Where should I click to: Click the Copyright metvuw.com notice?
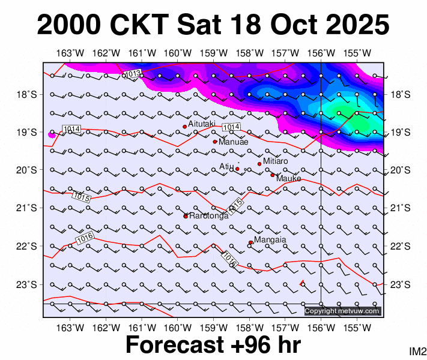tap(342, 311)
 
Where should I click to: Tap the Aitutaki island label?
tap(202, 123)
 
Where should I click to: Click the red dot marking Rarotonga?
tap(186, 216)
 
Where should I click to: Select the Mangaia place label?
tap(270, 240)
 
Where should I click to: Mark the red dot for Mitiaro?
tap(259, 164)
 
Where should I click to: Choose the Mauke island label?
tap(288, 178)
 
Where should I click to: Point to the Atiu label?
tap(226, 167)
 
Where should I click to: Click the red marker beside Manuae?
tap(215, 142)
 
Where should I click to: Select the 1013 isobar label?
tap(133, 74)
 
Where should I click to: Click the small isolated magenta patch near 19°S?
tap(52, 134)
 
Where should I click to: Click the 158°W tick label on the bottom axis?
tap(251, 328)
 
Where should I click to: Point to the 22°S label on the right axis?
tap(400, 246)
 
